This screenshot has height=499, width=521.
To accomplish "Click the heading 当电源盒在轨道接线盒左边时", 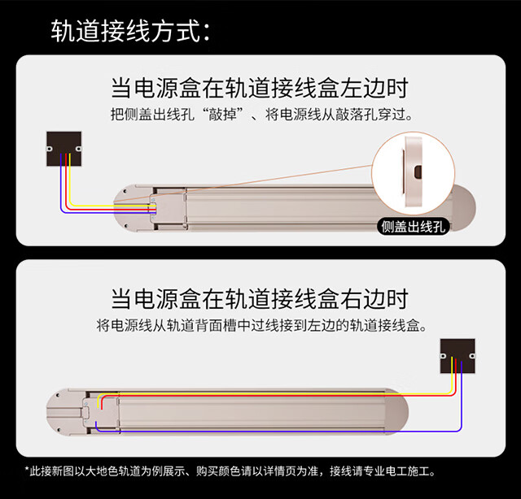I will point(260,87).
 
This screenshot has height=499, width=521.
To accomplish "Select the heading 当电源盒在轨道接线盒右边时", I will point(260,298).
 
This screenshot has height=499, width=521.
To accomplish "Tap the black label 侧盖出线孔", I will point(414,226).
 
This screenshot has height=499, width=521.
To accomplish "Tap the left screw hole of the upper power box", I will point(50,150).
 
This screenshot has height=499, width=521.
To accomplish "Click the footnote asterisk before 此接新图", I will point(28,471).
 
